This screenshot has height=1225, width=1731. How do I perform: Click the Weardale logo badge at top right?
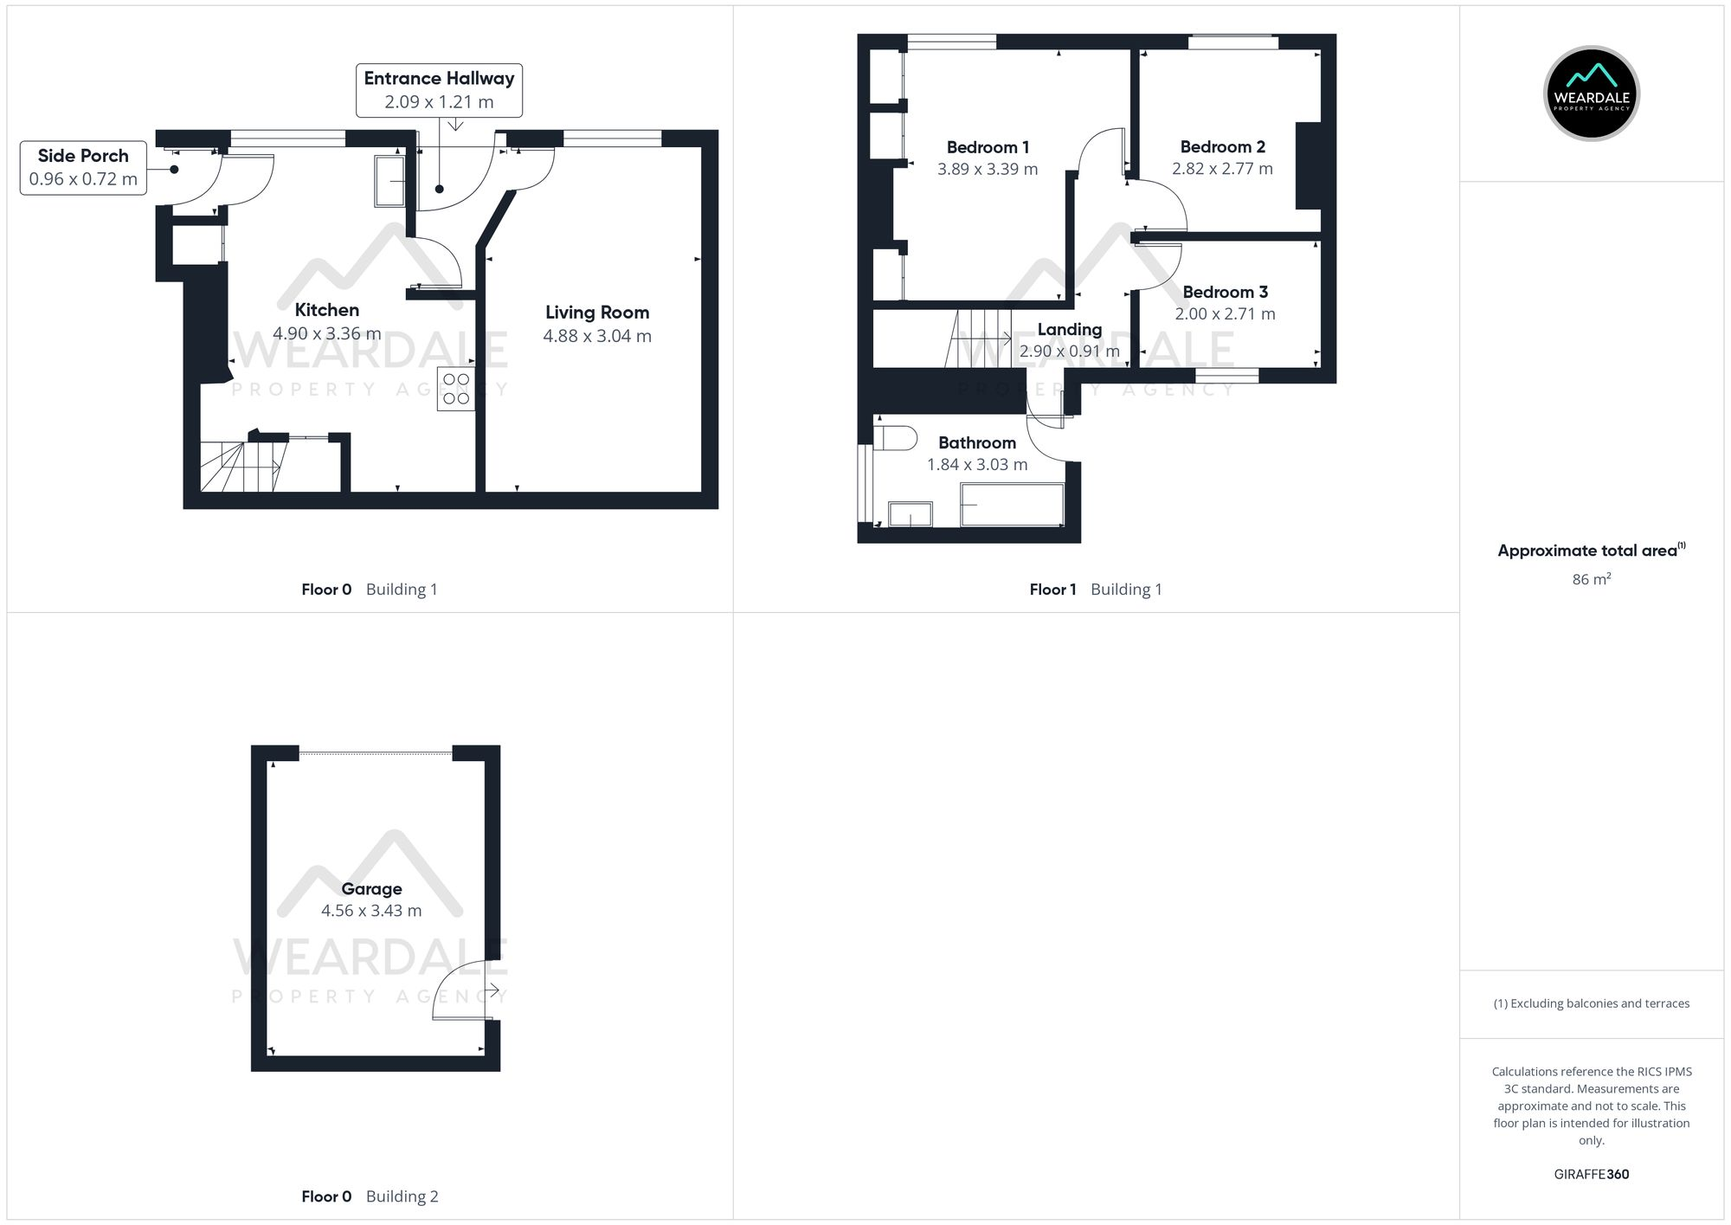coord(1591,93)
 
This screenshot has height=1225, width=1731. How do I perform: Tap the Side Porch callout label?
coord(83,168)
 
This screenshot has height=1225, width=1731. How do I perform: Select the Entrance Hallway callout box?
coord(439,90)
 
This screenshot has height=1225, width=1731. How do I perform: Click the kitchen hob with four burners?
coord(456,389)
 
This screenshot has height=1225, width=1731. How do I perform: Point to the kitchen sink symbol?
coord(389,181)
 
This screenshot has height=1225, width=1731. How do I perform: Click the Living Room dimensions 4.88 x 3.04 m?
coord(597,336)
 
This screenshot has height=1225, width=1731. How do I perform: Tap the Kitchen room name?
coord(327,310)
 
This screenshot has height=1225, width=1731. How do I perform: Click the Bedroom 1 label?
coord(988,147)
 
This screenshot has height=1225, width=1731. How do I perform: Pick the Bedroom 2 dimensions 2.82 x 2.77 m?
coord(1222,169)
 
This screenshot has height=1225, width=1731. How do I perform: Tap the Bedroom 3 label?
coord(1225,292)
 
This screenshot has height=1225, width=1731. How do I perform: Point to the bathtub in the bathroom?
coord(1012,505)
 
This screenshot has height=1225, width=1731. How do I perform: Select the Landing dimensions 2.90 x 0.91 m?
coord(1069,351)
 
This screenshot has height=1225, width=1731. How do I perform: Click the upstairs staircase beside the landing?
coord(982,338)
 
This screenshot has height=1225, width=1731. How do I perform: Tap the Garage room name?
coord(371,888)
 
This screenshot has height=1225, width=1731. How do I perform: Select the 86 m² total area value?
coord(1591,579)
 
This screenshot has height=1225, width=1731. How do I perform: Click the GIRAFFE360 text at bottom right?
coord(1591,1174)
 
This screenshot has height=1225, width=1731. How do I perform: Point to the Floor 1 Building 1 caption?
coord(1095,590)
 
